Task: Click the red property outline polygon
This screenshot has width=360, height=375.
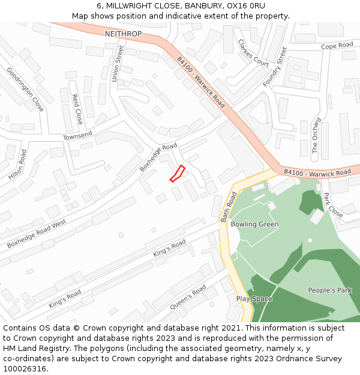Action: coord(177,173)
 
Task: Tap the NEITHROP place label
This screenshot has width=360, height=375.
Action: coord(123,34)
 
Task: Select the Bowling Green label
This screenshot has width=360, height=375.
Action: coord(254,224)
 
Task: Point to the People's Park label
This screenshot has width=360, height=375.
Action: coord(329,290)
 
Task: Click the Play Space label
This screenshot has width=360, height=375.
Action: coord(254,299)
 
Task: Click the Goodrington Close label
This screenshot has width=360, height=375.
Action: coord(25,89)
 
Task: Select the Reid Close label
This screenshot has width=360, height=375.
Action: coord(77,109)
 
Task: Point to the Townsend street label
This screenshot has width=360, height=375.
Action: coord(78,136)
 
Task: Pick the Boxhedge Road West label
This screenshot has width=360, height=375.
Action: coord(36,234)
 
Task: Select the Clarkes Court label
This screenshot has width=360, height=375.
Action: coord(253,53)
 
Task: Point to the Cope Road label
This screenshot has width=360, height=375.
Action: coord(337,46)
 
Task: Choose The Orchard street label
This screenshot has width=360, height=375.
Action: coord(316,136)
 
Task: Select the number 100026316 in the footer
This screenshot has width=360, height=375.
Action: coord(25,369)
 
